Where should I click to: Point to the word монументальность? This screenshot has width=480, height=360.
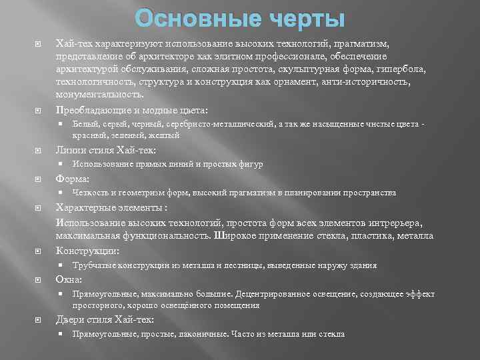[99, 95]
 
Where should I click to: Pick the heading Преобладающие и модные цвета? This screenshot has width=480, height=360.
[131, 110]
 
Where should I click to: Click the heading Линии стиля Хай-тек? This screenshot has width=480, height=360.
[106, 150]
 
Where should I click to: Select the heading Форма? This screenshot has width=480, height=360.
[73, 179]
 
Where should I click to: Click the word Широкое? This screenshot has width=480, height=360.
[236, 236]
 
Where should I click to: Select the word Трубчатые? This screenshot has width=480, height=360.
[95, 265]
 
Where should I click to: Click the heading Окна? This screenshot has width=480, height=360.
[69, 279]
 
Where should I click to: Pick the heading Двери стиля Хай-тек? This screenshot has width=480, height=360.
[105, 319]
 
